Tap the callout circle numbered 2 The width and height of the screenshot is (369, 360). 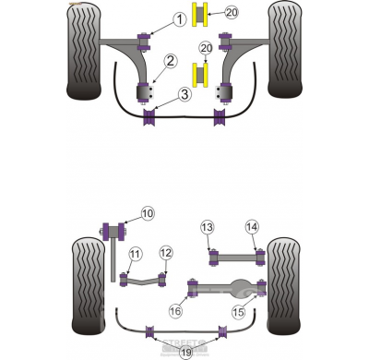click(172, 63)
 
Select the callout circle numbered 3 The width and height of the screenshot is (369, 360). click(184, 94)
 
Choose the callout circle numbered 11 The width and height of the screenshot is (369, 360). click(135, 254)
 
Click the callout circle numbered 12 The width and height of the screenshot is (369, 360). click(166, 252)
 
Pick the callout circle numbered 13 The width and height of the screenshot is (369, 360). click(208, 227)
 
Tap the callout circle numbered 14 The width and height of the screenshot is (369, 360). click(252, 227)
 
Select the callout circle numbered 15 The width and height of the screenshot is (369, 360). click(239, 312)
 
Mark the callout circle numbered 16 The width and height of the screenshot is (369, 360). click(175, 312)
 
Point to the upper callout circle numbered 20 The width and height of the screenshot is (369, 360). click(232, 13)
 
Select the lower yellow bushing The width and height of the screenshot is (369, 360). click(198, 72)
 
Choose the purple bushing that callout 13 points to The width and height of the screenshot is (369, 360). click(213, 254)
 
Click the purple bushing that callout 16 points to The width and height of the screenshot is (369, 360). click(193, 288)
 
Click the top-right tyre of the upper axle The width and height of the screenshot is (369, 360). click(286, 51)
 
